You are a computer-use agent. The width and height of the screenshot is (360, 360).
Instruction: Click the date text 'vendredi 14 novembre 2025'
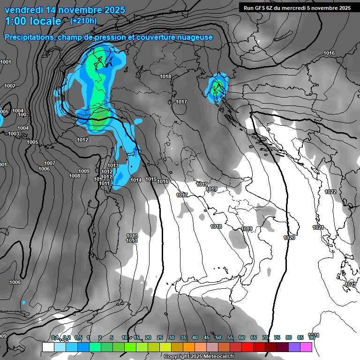(65, 10)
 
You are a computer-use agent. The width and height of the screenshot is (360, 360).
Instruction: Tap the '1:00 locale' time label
(33, 22)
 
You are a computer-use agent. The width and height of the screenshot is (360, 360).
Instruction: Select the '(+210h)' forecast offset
(83, 21)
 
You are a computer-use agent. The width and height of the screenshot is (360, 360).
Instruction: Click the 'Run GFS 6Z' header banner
(297, 7)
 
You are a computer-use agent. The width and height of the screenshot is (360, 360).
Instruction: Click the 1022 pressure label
(330, 192)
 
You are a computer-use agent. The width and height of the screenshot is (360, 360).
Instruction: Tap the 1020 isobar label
(289, 238)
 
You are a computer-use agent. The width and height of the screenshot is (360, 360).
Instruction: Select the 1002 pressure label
(10, 86)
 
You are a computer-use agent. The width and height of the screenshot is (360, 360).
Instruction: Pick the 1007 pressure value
(50, 163)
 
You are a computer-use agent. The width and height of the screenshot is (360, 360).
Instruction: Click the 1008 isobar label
(74, 176)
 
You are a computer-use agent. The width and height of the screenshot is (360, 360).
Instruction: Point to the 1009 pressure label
(84, 171)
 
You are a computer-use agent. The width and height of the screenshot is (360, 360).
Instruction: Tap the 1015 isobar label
(150, 179)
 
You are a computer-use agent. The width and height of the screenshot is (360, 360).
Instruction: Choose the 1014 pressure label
(136, 180)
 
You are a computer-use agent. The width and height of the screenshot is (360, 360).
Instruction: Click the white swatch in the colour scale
(48, 347)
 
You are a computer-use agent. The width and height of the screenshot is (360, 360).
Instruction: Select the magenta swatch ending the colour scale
(306, 347)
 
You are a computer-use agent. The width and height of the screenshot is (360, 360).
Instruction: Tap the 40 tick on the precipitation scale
(195, 338)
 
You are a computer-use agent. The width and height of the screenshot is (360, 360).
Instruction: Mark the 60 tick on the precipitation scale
(242, 338)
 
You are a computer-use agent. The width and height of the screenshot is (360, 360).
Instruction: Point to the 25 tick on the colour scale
(160, 338)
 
